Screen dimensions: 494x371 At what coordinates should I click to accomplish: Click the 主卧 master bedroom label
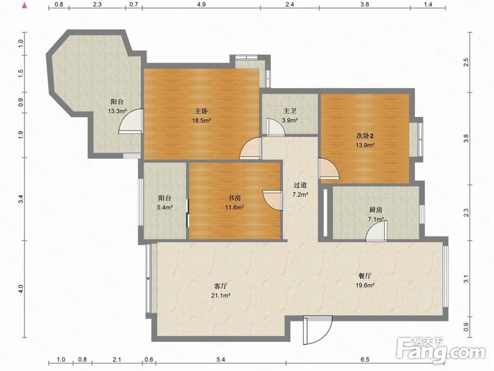pyautogui.click(x=201, y=111)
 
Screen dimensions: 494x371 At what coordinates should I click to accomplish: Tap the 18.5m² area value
pyautogui.click(x=202, y=121)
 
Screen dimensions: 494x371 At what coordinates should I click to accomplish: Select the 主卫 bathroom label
pyautogui.click(x=289, y=111)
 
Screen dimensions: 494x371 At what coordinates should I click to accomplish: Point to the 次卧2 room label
pyautogui.click(x=365, y=136)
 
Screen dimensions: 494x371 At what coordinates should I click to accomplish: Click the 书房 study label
pyautogui.click(x=234, y=198)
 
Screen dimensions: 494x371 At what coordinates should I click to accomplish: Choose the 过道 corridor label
pyautogui.click(x=300, y=185)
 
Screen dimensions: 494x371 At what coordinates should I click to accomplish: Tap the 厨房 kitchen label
pyautogui.click(x=375, y=210)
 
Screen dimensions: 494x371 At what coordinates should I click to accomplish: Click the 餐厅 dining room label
pyautogui.click(x=365, y=276)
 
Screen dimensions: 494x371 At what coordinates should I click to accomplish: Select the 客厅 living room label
pyautogui.click(x=220, y=286)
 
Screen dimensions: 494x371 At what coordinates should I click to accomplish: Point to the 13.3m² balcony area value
pyautogui.click(x=117, y=111)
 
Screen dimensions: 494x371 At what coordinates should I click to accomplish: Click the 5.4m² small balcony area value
pyautogui.click(x=165, y=208)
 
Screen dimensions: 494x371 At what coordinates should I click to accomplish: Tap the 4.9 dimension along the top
pyautogui.click(x=202, y=4)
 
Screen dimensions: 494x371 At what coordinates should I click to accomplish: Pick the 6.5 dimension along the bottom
pyautogui.click(x=365, y=359)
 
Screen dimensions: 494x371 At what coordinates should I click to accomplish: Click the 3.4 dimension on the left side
pyautogui.click(x=21, y=199)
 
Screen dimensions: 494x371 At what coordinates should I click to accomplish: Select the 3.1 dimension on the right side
pyautogui.click(x=467, y=279)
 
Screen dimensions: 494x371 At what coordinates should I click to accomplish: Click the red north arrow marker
pyautogui.click(x=24, y=5)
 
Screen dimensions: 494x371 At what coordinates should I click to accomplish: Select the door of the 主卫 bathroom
pyautogui.click(x=275, y=127)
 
